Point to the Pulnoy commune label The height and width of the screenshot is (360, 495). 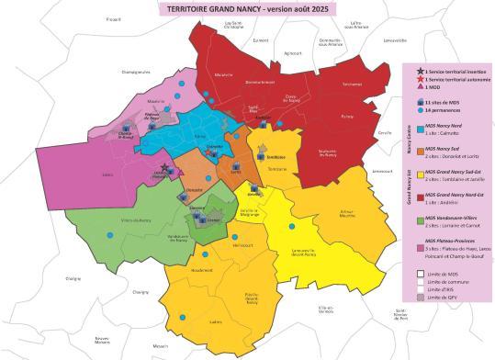346,117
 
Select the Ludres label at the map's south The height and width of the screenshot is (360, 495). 217,321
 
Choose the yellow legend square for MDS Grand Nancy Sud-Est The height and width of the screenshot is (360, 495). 420,173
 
